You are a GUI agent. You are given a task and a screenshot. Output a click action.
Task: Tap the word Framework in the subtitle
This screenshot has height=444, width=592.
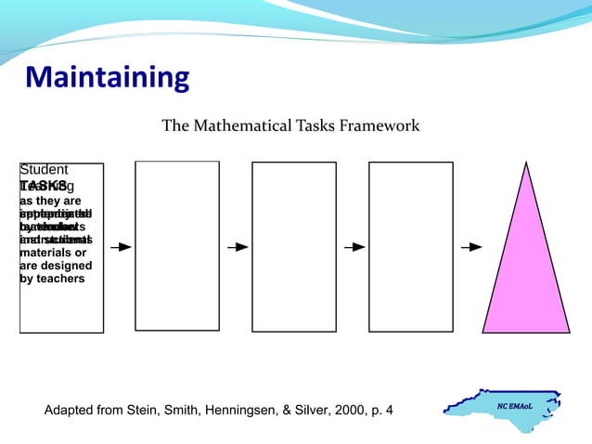click(x=380, y=125)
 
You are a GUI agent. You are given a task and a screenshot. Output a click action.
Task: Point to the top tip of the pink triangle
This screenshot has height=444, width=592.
click(x=526, y=163)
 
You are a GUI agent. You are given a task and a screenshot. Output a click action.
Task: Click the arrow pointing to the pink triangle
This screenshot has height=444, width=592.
click(x=471, y=247)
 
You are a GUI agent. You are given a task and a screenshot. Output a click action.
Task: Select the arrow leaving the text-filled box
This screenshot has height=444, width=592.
click(x=120, y=247)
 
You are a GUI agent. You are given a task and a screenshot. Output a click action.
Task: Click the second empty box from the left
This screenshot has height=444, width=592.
click(x=294, y=246)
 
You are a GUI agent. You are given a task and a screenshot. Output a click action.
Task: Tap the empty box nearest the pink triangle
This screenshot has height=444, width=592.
click(x=411, y=246)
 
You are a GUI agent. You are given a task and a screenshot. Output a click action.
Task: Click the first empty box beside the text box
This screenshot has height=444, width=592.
click(x=177, y=246)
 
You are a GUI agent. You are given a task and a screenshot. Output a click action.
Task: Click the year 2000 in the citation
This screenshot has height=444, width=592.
click(x=348, y=410)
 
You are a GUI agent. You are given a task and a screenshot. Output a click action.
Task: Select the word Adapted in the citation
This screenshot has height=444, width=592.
click(x=71, y=410)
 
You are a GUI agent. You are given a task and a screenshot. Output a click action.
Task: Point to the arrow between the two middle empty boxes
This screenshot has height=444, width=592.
click(x=354, y=247)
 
